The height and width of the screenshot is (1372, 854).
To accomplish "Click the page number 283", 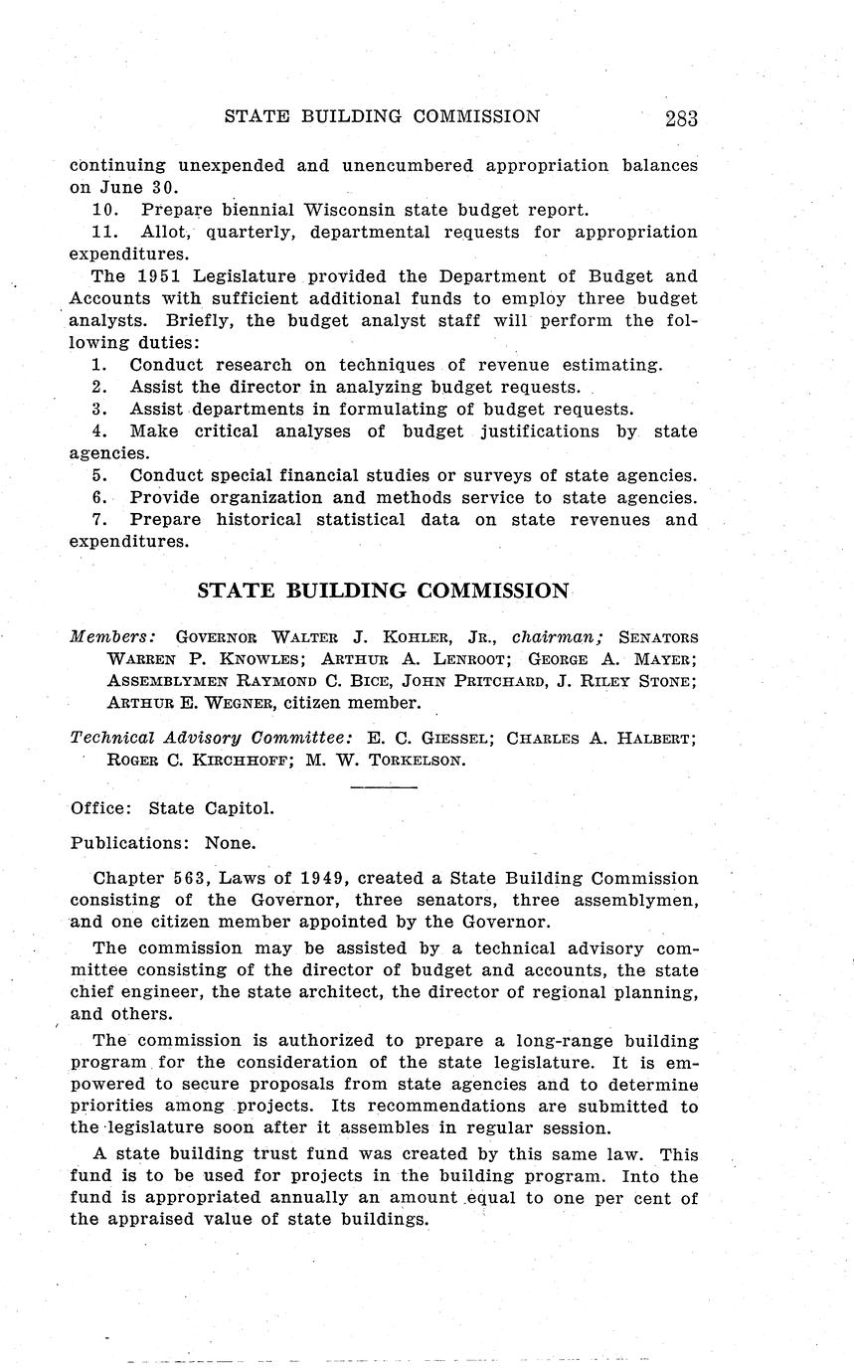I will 681,118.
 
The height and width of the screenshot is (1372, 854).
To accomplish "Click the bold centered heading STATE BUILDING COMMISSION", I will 383,591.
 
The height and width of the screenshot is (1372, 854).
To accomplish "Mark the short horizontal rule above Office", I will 385,787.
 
